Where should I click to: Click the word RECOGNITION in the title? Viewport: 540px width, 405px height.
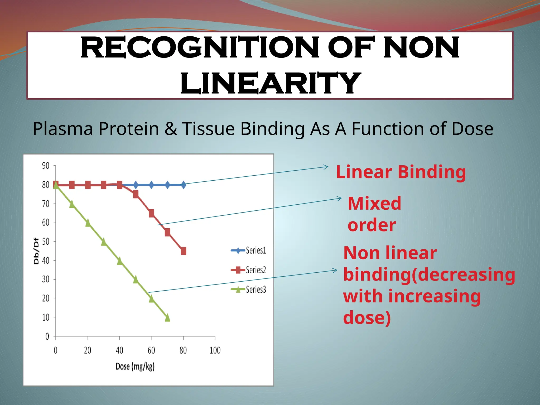[x=200, y=48]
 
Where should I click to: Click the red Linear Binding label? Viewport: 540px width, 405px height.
[x=401, y=172]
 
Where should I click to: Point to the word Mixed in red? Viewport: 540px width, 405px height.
[x=374, y=204]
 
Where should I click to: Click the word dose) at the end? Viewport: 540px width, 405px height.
[x=367, y=317]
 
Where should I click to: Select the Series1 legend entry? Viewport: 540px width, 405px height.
[x=249, y=250]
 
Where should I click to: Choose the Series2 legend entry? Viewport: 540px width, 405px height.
[x=249, y=270]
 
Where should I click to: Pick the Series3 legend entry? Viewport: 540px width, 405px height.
[x=249, y=290]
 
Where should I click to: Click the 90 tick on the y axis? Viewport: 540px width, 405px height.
[x=46, y=166]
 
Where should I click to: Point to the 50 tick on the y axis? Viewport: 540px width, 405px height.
[x=46, y=242]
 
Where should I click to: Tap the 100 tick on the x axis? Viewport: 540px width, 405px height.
[x=215, y=350]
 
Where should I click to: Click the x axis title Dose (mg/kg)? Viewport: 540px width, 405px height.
[x=135, y=367]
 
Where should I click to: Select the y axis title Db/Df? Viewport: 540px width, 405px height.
[x=36, y=251]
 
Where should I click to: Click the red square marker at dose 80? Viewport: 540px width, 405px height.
[x=184, y=251]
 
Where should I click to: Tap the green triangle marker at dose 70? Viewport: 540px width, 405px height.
[x=167, y=318]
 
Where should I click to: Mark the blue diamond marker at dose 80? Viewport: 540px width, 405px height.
[x=184, y=185]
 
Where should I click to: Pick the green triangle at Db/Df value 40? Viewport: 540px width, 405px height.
[x=119, y=261]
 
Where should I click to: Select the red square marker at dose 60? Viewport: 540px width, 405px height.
[x=151, y=213]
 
